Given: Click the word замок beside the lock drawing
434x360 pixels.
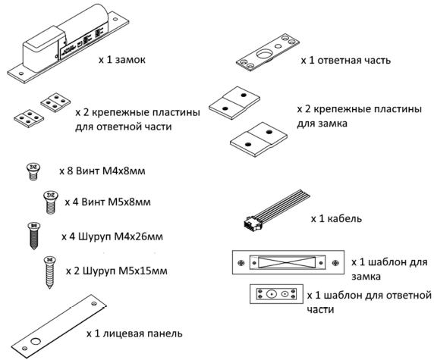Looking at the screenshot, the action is pos(130,60).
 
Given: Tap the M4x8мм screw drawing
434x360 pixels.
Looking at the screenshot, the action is pos(33,171).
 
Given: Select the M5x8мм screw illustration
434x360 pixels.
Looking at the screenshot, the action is pos(51,202).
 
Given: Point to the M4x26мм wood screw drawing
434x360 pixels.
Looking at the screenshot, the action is pos(34,236).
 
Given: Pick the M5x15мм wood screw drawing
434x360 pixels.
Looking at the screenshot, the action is pos(50,273).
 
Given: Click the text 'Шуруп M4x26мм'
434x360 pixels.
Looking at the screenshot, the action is pos(121,237).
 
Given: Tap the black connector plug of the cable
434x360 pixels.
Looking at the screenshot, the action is pos(252,221).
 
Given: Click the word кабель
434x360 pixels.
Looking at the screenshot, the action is pos(344,219).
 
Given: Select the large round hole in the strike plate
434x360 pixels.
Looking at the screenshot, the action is pos(265,54).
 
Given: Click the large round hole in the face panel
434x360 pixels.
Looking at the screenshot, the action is pos(36,341).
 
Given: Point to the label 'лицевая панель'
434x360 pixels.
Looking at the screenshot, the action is pos(143,333).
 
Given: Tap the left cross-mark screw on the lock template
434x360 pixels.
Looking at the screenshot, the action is pos(241,263).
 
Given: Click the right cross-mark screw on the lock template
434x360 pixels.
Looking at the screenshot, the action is pos(335,263).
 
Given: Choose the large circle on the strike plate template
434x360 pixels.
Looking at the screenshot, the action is pos(272,294).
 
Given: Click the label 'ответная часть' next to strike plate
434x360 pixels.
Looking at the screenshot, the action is pos(354,61).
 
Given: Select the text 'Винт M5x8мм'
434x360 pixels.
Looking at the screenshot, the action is pos(116,202).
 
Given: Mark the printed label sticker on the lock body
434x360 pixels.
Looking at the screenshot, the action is pos(80,43).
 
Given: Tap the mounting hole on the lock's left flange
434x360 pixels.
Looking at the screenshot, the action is pos(20,74).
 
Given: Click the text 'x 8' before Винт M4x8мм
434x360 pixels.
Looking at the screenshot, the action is pos(66,171).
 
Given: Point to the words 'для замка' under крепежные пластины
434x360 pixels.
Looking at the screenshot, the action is pos(322,124).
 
